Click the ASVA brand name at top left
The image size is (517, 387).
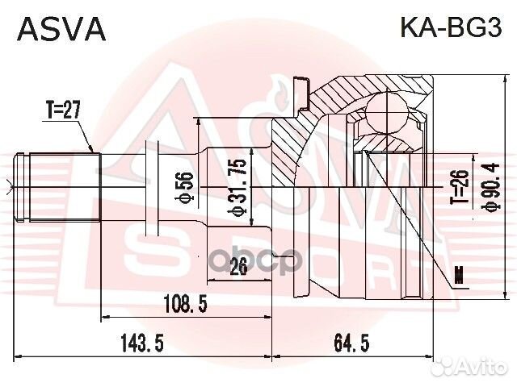(61, 28)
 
